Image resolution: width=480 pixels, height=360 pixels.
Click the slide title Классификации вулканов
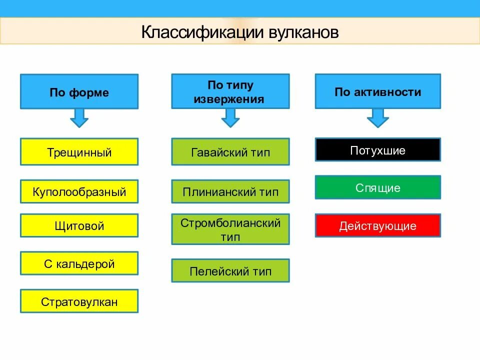pyautogui.click(x=240, y=32)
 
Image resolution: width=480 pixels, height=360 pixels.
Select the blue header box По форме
pyautogui.click(x=79, y=92)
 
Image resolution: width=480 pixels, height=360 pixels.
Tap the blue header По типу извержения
pyautogui.click(x=230, y=91)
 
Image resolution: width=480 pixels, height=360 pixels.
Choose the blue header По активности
pyautogui.click(x=377, y=91)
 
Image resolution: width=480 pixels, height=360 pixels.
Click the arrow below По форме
pyautogui.click(x=79, y=118)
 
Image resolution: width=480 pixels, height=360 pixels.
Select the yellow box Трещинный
pyautogui.click(x=79, y=152)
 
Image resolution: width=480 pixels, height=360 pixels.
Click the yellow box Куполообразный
pyautogui.click(x=79, y=191)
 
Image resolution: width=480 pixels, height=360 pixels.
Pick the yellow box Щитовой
pyautogui.click(x=79, y=225)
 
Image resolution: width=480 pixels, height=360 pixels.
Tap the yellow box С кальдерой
pyautogui.click(x=79, y=263)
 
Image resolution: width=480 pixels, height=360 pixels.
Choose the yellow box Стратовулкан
pyautogui.click(x=79, y=301)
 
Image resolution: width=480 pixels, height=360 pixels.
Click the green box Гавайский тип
pyautogui.click(x=230, y=152)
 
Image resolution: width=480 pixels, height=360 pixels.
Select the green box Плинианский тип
pyautogui.click(x=230, y=191)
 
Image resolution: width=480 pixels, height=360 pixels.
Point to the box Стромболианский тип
pyautogui.click(x=230, y=229)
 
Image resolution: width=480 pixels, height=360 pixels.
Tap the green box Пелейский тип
pyautogui.click(x=230, y=271)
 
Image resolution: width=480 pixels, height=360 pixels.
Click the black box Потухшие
pyautogui.click(x=377, y=150)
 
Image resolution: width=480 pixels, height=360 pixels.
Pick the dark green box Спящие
pyautogui.click(x=377, y=187)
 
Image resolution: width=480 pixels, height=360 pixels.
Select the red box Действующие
pyautogui.click(x=377, y=225)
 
